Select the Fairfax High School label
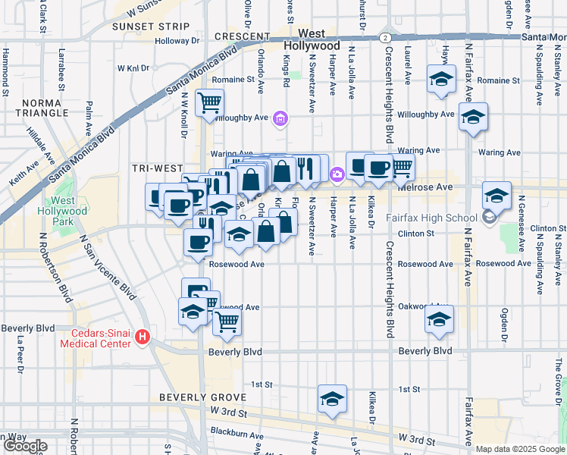click(x=431, y=218)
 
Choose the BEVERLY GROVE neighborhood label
click(x=202, y=397)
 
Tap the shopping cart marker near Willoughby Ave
click(x=209, y=102)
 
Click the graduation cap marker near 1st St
click(x=332, y=399)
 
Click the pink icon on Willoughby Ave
click(x=281, y=118)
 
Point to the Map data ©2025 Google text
click(x=519, y=449)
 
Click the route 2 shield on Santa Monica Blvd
click(x=386, y=37)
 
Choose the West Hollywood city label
click(x=319, y=40)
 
